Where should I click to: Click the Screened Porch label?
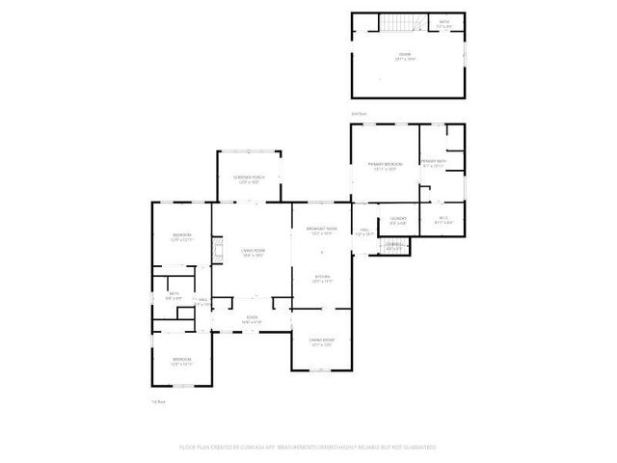pos(249,179)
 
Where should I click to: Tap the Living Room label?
pos(253,252)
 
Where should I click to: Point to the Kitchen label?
pos(321,279)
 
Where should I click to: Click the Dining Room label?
pos(321,342)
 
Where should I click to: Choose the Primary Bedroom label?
pos(384,167)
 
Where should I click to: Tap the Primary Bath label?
pos(434,163)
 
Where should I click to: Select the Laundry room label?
pos(397,221)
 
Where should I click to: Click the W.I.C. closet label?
pos(443,221)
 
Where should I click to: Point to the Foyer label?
pos(252,319)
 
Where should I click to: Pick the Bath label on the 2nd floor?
pos(443,24)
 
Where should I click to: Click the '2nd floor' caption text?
pos(358,113)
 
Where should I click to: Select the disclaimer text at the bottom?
pos(308,448)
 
